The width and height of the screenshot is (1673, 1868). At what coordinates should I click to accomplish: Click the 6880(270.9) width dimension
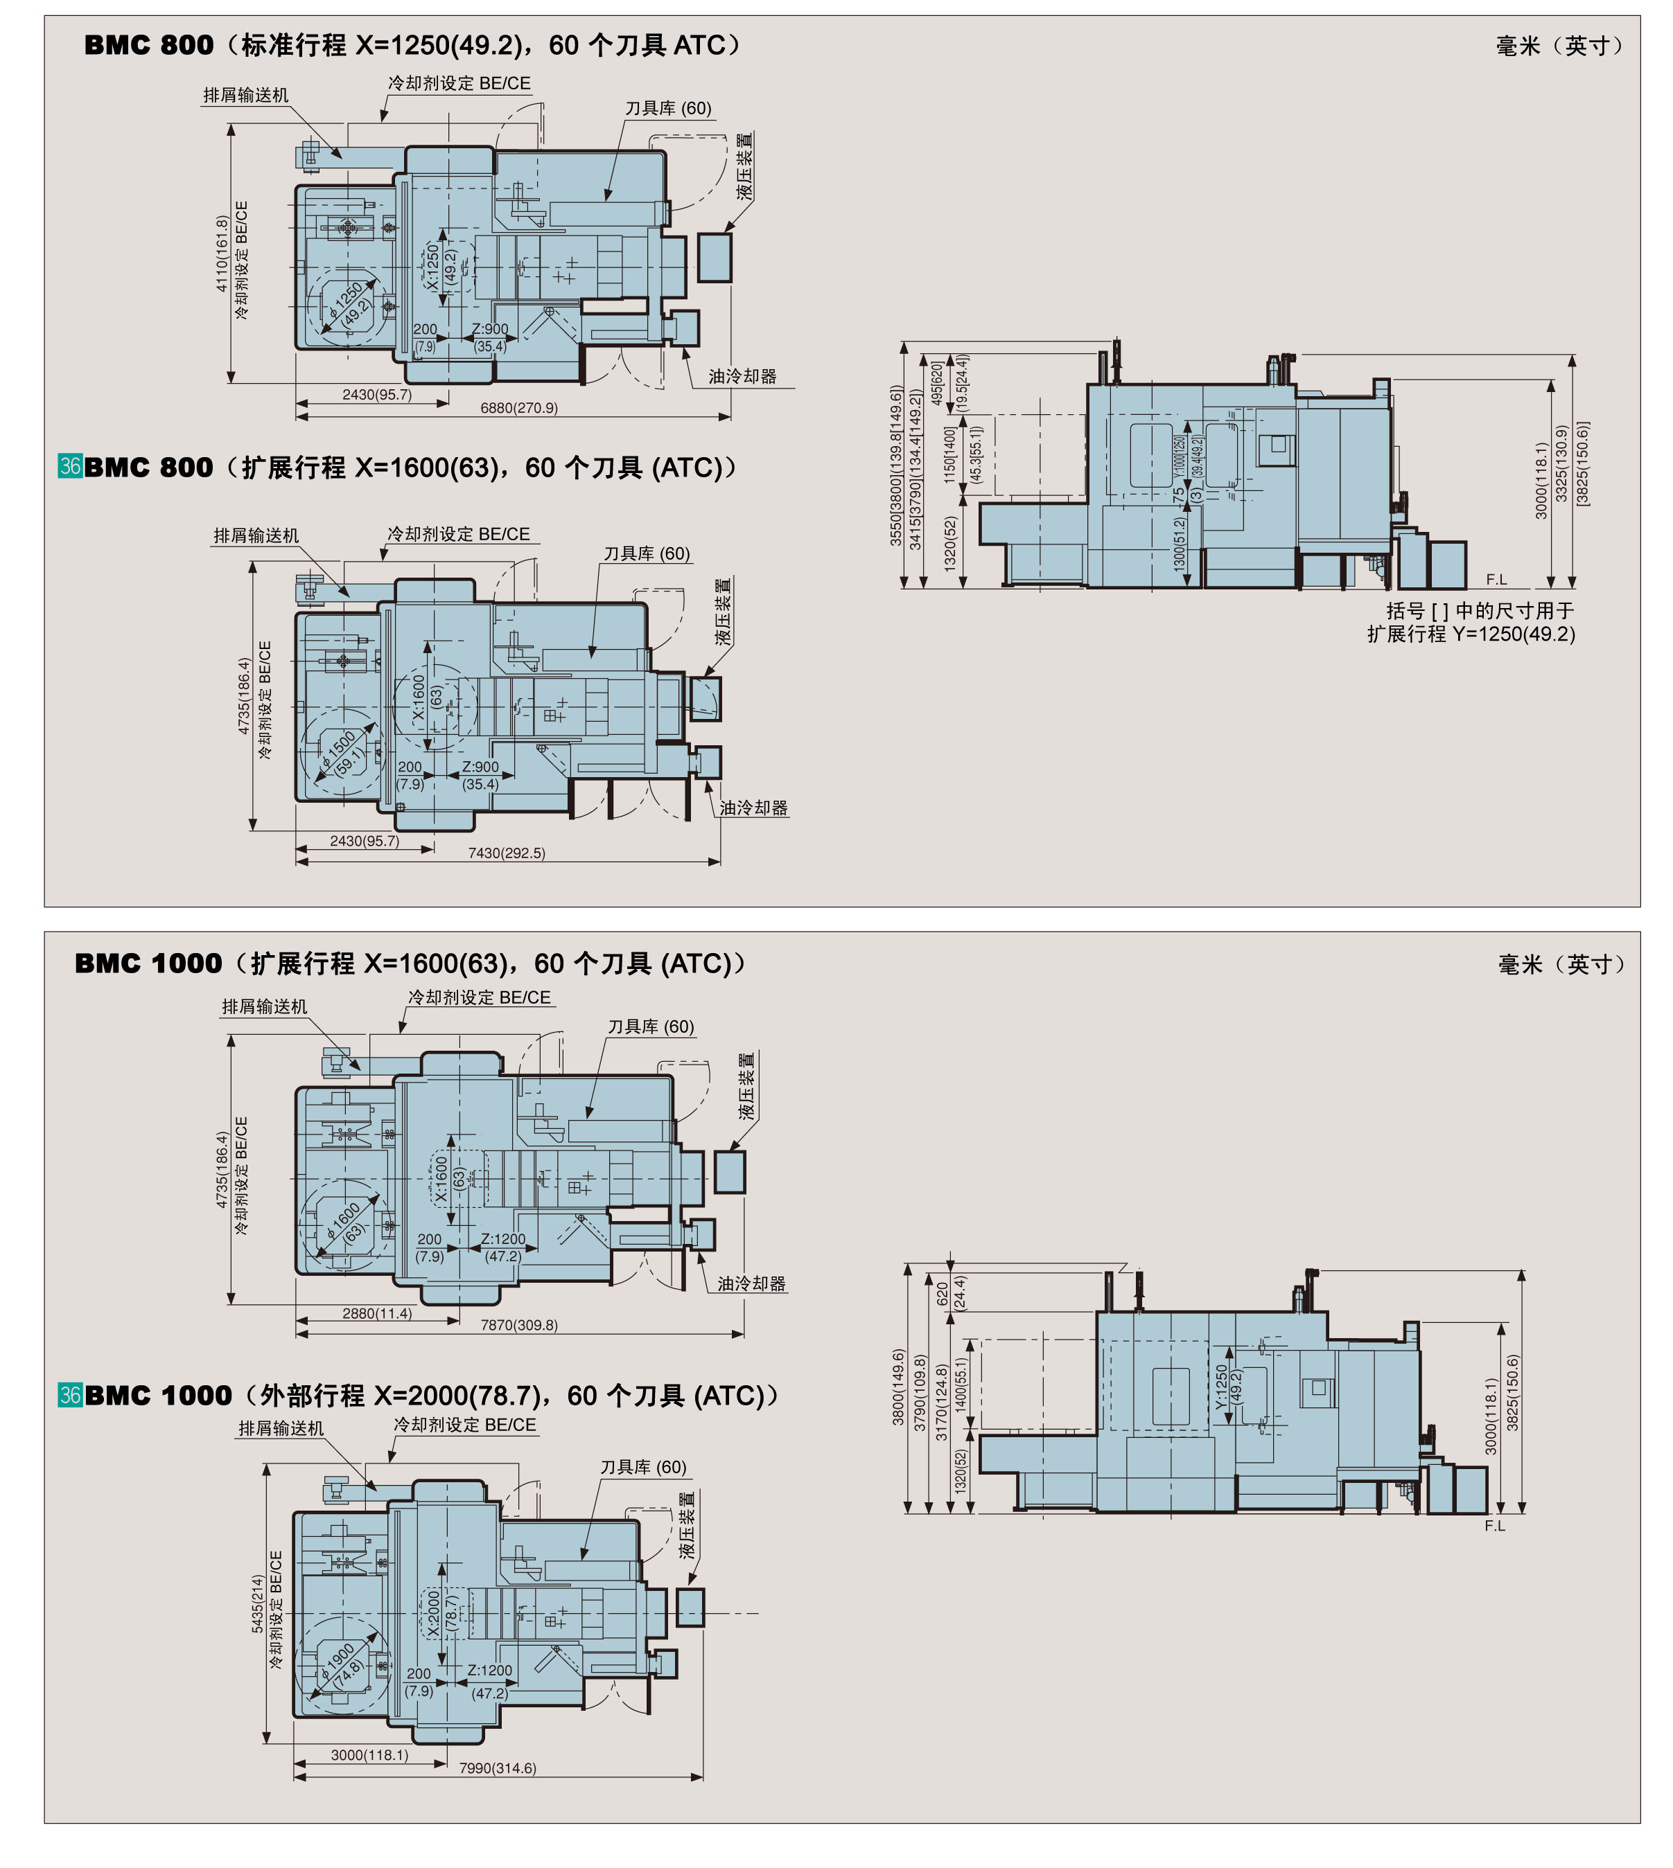pos(518,408)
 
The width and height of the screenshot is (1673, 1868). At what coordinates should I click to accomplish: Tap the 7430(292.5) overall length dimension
pos(507,853)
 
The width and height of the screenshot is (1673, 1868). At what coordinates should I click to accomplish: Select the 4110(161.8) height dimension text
pos(222,254)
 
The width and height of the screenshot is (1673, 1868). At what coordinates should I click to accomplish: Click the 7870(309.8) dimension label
pos(518,1325)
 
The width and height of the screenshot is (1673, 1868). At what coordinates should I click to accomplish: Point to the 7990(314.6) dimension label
pos(498,1768)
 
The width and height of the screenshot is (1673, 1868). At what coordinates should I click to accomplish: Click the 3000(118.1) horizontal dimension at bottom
pos(369,1755)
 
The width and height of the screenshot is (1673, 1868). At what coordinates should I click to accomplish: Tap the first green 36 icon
pos(70,466)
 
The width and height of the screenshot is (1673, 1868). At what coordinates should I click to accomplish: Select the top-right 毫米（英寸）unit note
pos(1559,46)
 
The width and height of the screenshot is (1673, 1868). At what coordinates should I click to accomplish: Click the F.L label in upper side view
pos(1496,579)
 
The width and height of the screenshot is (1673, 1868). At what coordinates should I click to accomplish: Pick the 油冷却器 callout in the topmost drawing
pos(742,377)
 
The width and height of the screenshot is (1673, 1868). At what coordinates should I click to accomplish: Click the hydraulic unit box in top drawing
pos(715,257)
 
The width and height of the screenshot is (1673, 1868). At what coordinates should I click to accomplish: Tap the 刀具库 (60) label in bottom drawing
pos(642,1466)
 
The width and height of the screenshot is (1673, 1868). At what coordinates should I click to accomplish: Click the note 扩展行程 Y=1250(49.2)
pos(1471,634)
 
